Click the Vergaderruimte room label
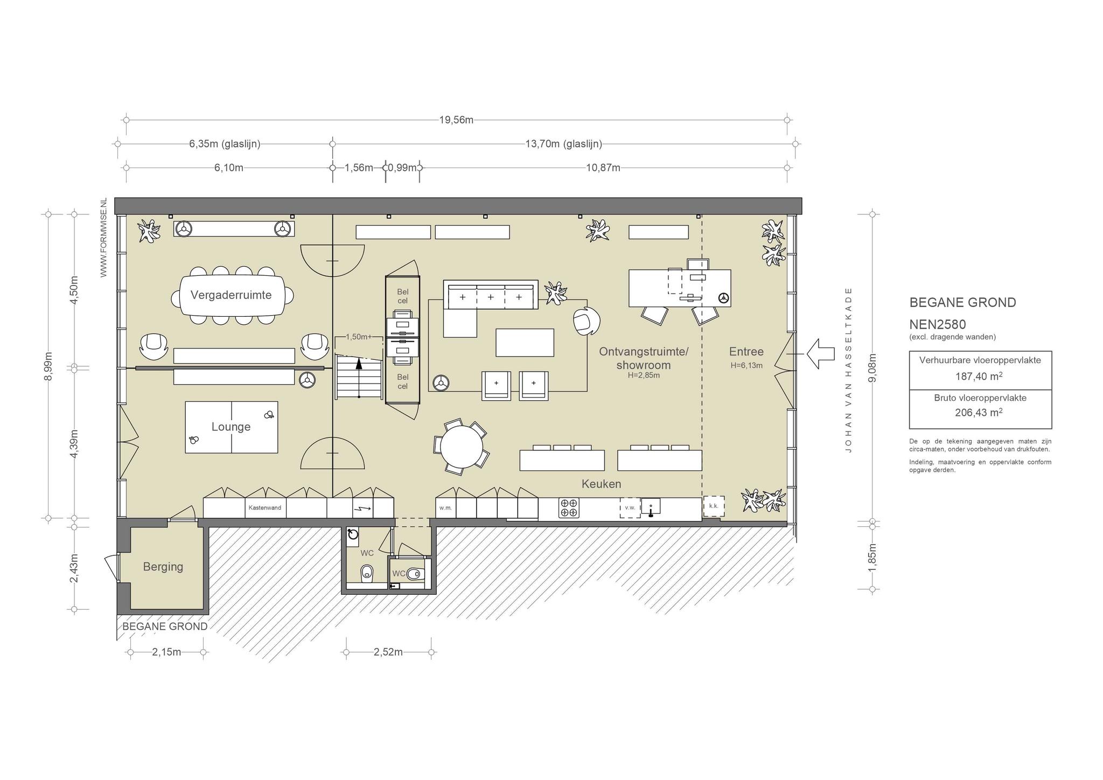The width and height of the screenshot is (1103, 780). coord(231,295)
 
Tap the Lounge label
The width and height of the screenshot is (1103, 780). coord(231,427)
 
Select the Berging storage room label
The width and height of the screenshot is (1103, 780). coord(163,567)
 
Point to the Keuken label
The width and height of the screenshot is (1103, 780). coord(601,484)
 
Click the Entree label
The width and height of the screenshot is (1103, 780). coord(746,352)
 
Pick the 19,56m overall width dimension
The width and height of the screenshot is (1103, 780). coord(456,120)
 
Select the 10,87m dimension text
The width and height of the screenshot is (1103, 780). coord(603,168)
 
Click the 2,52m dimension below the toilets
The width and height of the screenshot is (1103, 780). coord(388,652)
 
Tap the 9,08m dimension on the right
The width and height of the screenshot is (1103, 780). coord(873,368)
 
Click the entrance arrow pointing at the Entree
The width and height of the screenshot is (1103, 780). coord(820,354)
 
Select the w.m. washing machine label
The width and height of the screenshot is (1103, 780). coord(445,508)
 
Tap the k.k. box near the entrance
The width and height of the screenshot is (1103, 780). coord(714,506)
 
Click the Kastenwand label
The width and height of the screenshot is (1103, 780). coord(264,507)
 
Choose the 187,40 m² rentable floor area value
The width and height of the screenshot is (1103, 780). coord(980,377)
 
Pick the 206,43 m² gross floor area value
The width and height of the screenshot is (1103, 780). coord(980,413)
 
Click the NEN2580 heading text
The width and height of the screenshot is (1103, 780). coord(938,324)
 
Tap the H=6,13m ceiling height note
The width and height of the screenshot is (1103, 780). coord(746,365)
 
